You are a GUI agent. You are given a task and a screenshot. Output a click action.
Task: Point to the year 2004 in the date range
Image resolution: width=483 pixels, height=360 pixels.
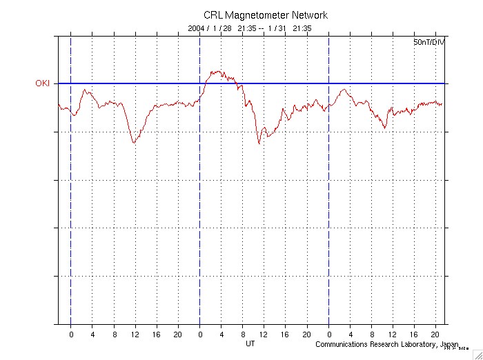[197, 29]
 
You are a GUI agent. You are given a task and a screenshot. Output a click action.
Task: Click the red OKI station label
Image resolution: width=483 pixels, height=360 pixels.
[43, 83]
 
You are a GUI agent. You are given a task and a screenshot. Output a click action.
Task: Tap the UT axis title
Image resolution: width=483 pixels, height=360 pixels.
[251, 343]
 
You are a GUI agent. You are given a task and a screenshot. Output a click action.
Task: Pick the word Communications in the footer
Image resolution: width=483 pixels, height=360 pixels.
[342, 344]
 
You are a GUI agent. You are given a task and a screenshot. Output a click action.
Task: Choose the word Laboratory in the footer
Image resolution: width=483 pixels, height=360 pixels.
[421, 344]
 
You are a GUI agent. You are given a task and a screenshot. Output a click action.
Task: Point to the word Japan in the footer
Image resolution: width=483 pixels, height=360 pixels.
[449, 344]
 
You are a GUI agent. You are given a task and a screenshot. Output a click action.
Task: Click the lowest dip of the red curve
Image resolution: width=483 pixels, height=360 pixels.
[259, 143]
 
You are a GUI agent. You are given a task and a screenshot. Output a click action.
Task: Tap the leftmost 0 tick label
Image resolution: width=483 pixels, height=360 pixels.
[70, 334]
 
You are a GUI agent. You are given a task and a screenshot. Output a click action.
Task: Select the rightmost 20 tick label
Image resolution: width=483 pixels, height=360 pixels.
[436, 334]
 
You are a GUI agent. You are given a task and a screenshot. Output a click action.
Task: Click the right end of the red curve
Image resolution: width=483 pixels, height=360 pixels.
[442, 104]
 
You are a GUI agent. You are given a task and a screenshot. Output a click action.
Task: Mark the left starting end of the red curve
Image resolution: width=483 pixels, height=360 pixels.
[59, 105]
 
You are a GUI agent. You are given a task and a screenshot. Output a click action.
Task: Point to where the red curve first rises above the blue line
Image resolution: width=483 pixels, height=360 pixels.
[204, 83]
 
